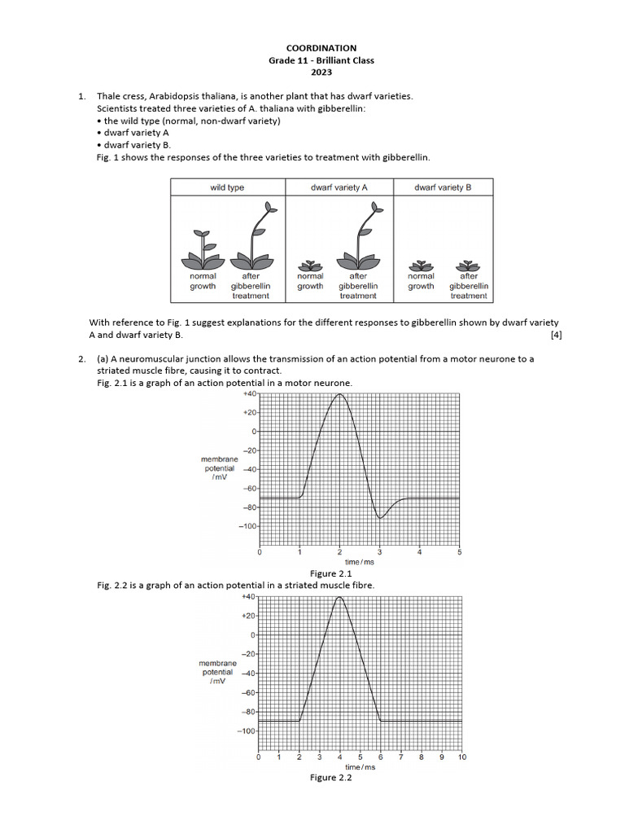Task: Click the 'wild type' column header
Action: [x=227, y=187]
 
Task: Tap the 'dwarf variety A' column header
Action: [x=339, y=187]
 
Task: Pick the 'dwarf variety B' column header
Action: [x=443, y=187]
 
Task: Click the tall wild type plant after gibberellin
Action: [x=254, y=236]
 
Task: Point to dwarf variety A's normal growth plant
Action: [x=309, y=265]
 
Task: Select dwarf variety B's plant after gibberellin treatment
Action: [x=468, y=265]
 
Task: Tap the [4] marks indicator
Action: [x=556, y=335]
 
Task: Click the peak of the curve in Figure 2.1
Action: [x=339, y=394]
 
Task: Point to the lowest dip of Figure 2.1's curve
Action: [x=380, y=517]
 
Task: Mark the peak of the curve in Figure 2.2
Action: [x=339, y=598]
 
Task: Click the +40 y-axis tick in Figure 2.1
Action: [x=248, y=393]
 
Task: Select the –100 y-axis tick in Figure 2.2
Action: [x=247, y=731]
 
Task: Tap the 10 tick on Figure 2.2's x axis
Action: [x=461, y=757]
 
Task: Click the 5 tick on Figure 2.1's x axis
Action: [x=459, y=552]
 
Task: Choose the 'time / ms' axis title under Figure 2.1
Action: [x=360, y=562]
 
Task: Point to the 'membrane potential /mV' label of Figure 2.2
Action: [x=217, y=673]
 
